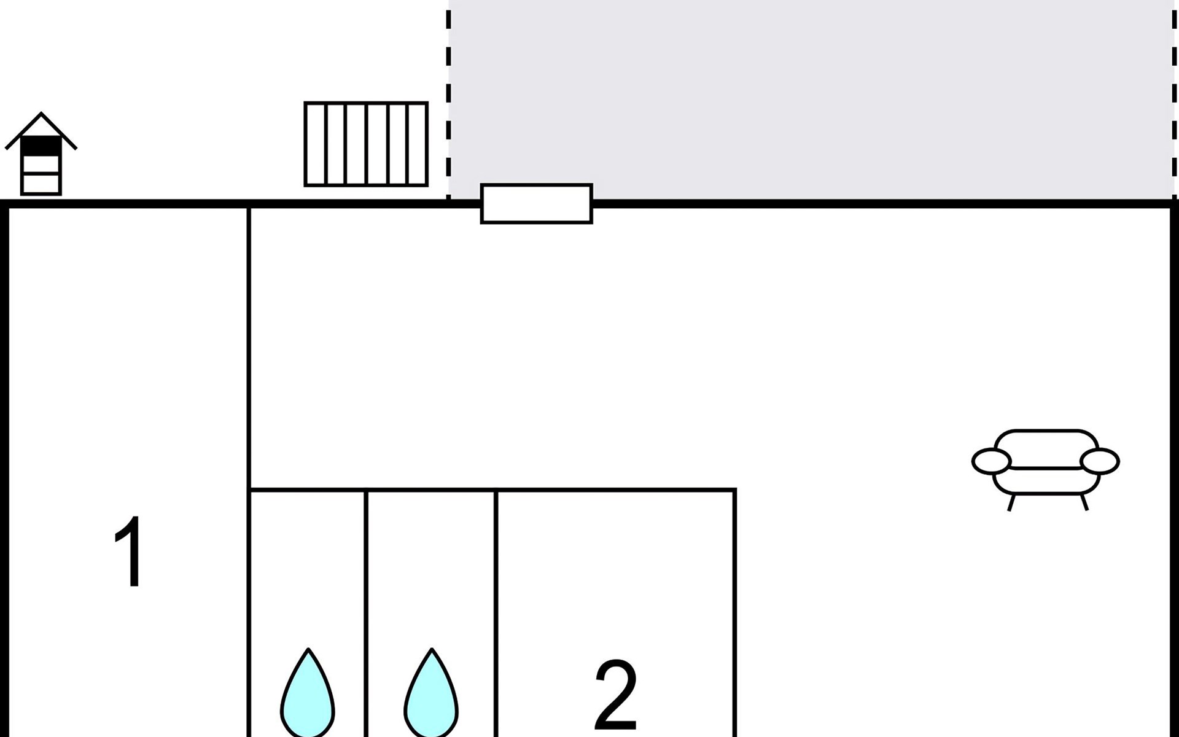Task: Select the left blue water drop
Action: tap(308, 693)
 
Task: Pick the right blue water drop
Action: tap(432, 693)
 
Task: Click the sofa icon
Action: tap(1046, 470)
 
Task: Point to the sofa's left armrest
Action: tap(991, 461)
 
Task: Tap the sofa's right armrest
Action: tap(1100, 461)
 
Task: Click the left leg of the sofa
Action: tap(1011, 502)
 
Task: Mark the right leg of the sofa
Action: tap(1084, 502)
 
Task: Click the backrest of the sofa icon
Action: tap(1046, 448)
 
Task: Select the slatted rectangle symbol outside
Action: tap(366, 144)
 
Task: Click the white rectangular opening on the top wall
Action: tap(537, 203)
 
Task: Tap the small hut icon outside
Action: tap(41, 154)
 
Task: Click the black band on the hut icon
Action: tap(41, 146)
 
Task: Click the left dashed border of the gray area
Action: tap(449, 99)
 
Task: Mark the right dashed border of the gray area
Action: tap(1174, 99)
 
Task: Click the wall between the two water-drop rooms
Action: tap(366, 613)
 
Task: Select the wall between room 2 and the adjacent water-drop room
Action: tap(496, 613)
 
